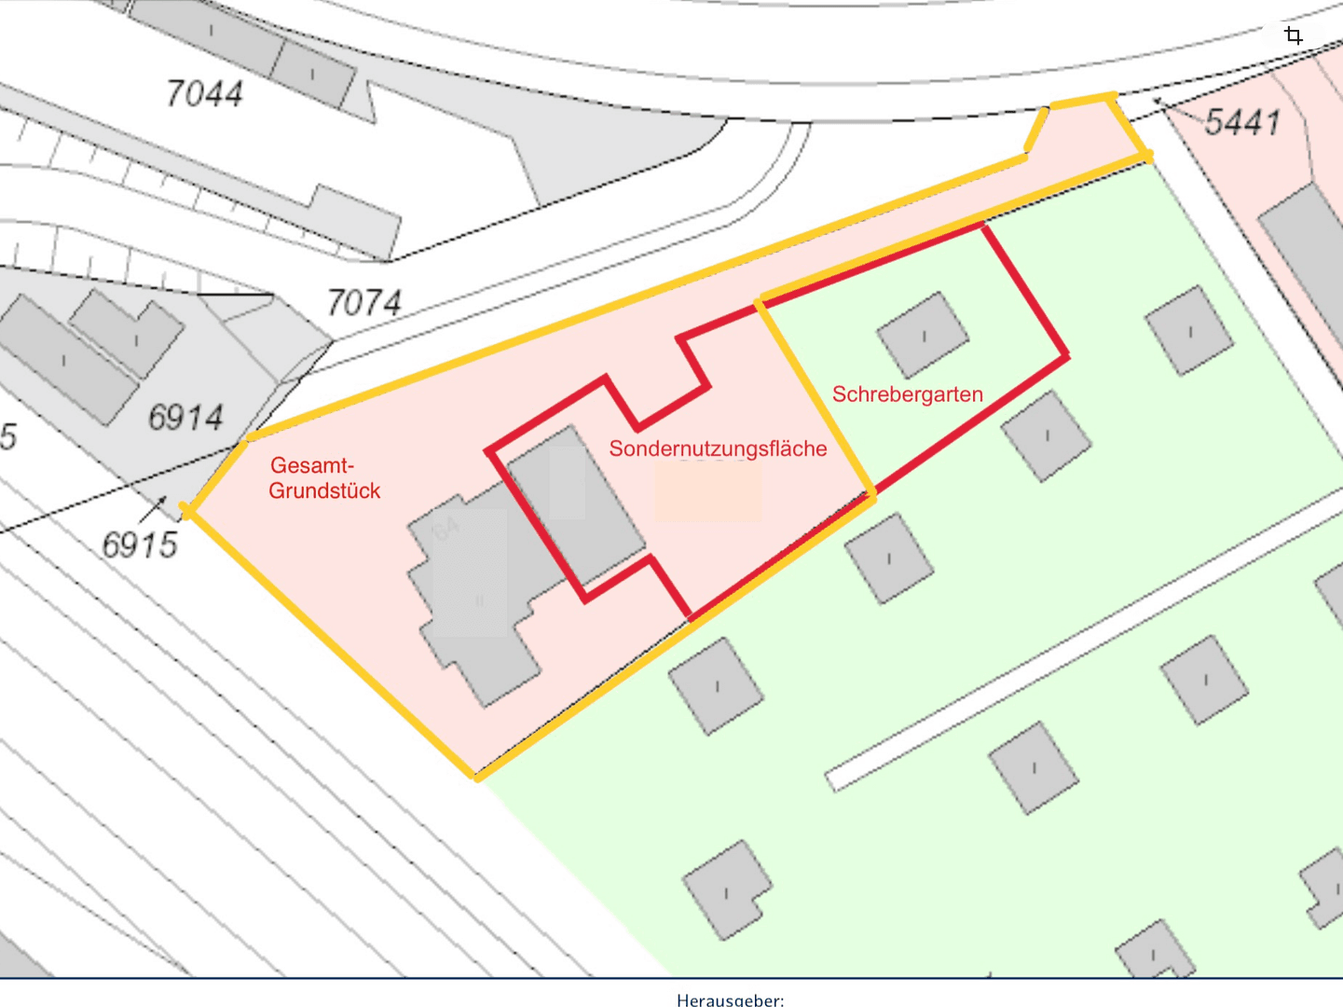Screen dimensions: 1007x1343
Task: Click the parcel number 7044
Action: pyautogui.click(x=204, y=93)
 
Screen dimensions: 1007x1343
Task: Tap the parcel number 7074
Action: pyautogui.click(x=363, y=302)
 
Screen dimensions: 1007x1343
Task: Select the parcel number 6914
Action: pyautogui.click(x=185, y=417)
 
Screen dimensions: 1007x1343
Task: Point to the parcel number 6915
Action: pyautogui.click(x=139, y=545)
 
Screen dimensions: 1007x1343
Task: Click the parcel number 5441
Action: pyautogui.click(x=1242, y=121)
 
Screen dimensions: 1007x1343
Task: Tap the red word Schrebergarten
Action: pyautogui.click(x=907, y=394)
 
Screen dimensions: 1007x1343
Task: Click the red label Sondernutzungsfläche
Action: pyautogui.click(x=718, y=448)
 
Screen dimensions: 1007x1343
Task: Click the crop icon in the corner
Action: pyautogui.click(x=1293, y=36)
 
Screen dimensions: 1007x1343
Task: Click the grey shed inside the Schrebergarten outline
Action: pyautogui.click(x=923, y=335)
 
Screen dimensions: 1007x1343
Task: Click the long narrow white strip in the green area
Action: pyautogui.click(x=1081, y=643)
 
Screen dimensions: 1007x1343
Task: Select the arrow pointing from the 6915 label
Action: pyautogui.click(x=153, y=509)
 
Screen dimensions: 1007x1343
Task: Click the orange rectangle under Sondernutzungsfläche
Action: pyautogui.click(x=707, y=491)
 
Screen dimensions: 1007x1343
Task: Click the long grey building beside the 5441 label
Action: pyautogui.click(x=1305, y=252)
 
